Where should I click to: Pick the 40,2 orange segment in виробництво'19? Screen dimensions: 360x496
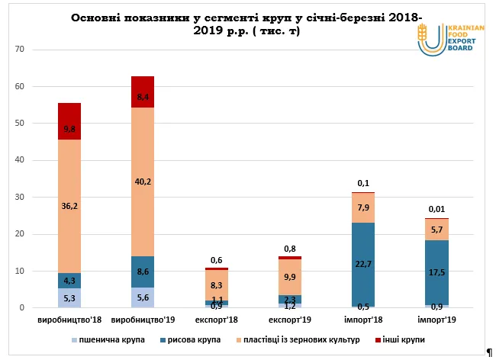point(143,182)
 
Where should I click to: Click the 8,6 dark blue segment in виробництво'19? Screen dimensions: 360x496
point(143,272)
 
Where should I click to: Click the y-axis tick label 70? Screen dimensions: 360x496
point(21,50)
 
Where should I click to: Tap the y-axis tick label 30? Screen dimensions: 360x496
point(21,198)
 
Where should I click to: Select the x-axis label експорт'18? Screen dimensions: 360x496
point(216,321)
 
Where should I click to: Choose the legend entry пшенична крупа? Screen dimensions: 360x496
point(113,339)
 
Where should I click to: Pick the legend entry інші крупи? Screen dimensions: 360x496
point(400,339)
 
